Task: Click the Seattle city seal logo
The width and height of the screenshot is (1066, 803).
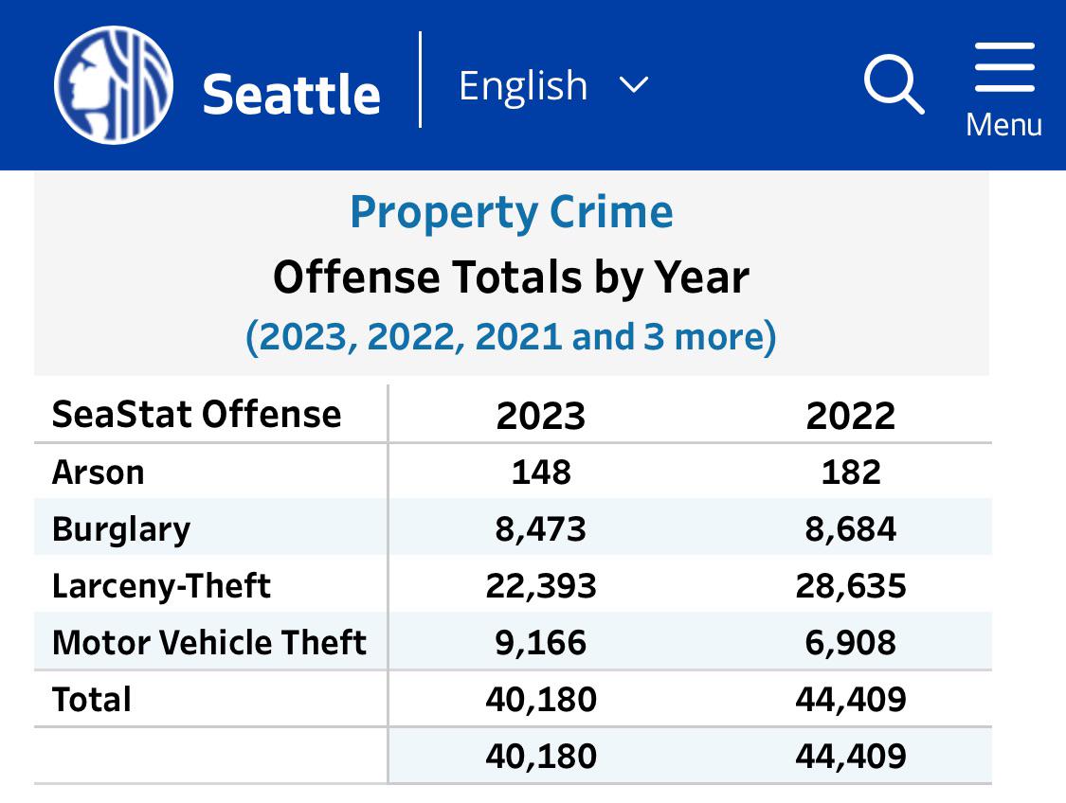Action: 114,84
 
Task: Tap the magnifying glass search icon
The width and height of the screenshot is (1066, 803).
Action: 894,85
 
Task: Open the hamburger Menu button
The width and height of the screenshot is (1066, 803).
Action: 1003,87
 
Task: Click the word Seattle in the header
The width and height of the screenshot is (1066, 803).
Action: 292,94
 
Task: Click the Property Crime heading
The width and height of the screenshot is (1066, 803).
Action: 512,212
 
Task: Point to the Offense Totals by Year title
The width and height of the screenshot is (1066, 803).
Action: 512,277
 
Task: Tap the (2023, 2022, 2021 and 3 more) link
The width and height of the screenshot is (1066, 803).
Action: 512,336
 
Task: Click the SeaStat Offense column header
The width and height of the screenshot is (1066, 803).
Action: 196,415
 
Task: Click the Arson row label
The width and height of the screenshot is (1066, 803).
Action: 98,472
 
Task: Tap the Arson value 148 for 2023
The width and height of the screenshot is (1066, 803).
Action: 541,472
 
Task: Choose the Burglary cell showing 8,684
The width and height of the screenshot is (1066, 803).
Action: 850,528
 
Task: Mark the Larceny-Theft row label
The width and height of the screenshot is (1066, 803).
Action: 161,585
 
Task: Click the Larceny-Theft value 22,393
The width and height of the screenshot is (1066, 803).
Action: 541,585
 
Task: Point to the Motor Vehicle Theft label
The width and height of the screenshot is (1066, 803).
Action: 208,642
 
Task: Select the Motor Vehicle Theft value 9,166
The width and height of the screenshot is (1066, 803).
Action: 541,642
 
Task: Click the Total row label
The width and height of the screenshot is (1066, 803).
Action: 92,699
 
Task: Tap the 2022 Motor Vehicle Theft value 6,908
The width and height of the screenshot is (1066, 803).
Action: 850,642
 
